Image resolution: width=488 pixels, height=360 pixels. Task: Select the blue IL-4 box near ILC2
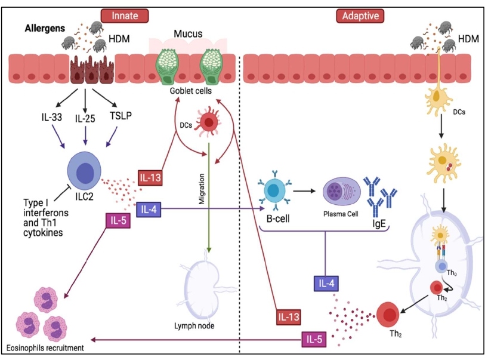pyautogui.click(x=150, y=209)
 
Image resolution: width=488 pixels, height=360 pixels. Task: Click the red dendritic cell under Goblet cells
pyautogui.click(x=208, y=122)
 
